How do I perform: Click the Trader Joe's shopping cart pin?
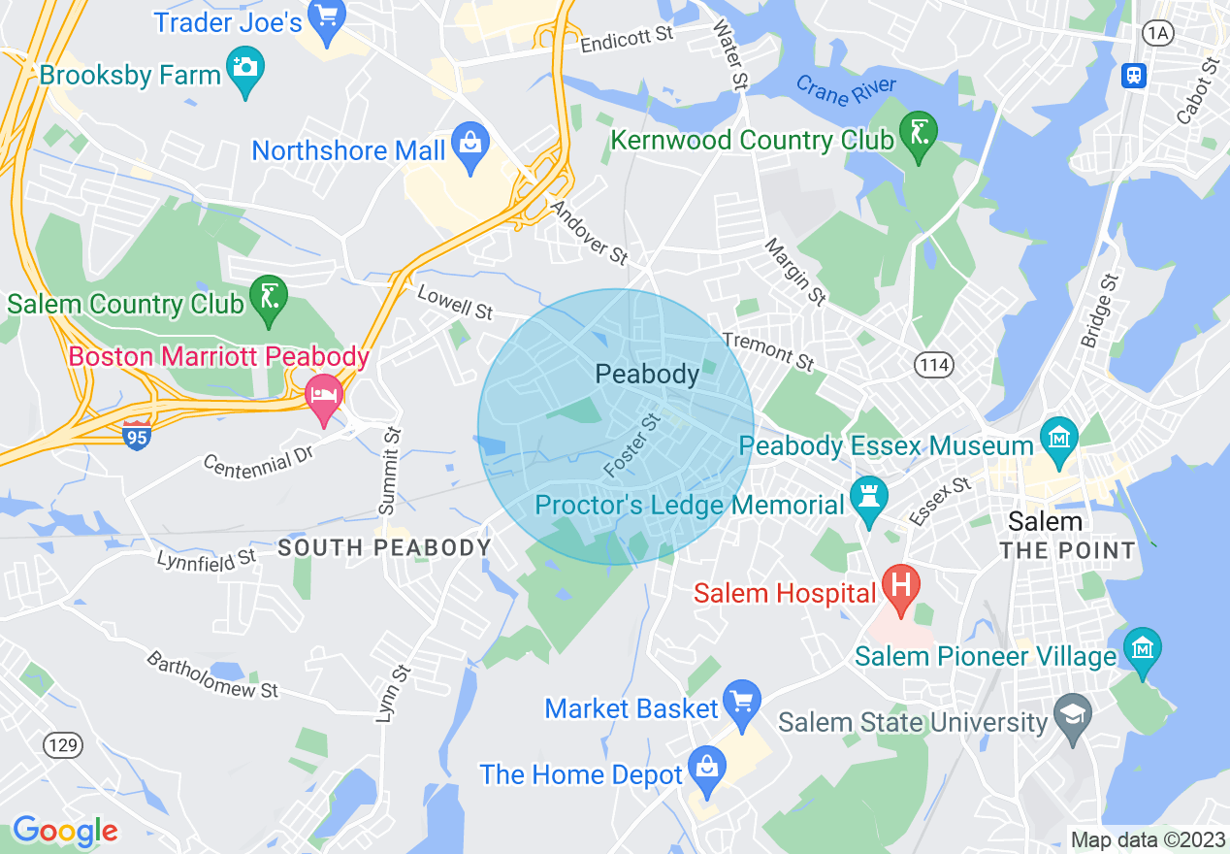pos(327,19)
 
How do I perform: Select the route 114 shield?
pos(934,365)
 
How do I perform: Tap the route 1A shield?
pos(1157,34)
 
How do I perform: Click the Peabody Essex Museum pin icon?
pos(1058,440)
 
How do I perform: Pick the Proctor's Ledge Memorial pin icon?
pos(868,499)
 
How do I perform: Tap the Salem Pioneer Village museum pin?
pos(1142,650)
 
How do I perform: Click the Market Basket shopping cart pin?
pos(742,703)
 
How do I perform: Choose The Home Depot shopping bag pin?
pos(707,769)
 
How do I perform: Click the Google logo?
pos(65,831)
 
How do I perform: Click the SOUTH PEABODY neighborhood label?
pos(385,548)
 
